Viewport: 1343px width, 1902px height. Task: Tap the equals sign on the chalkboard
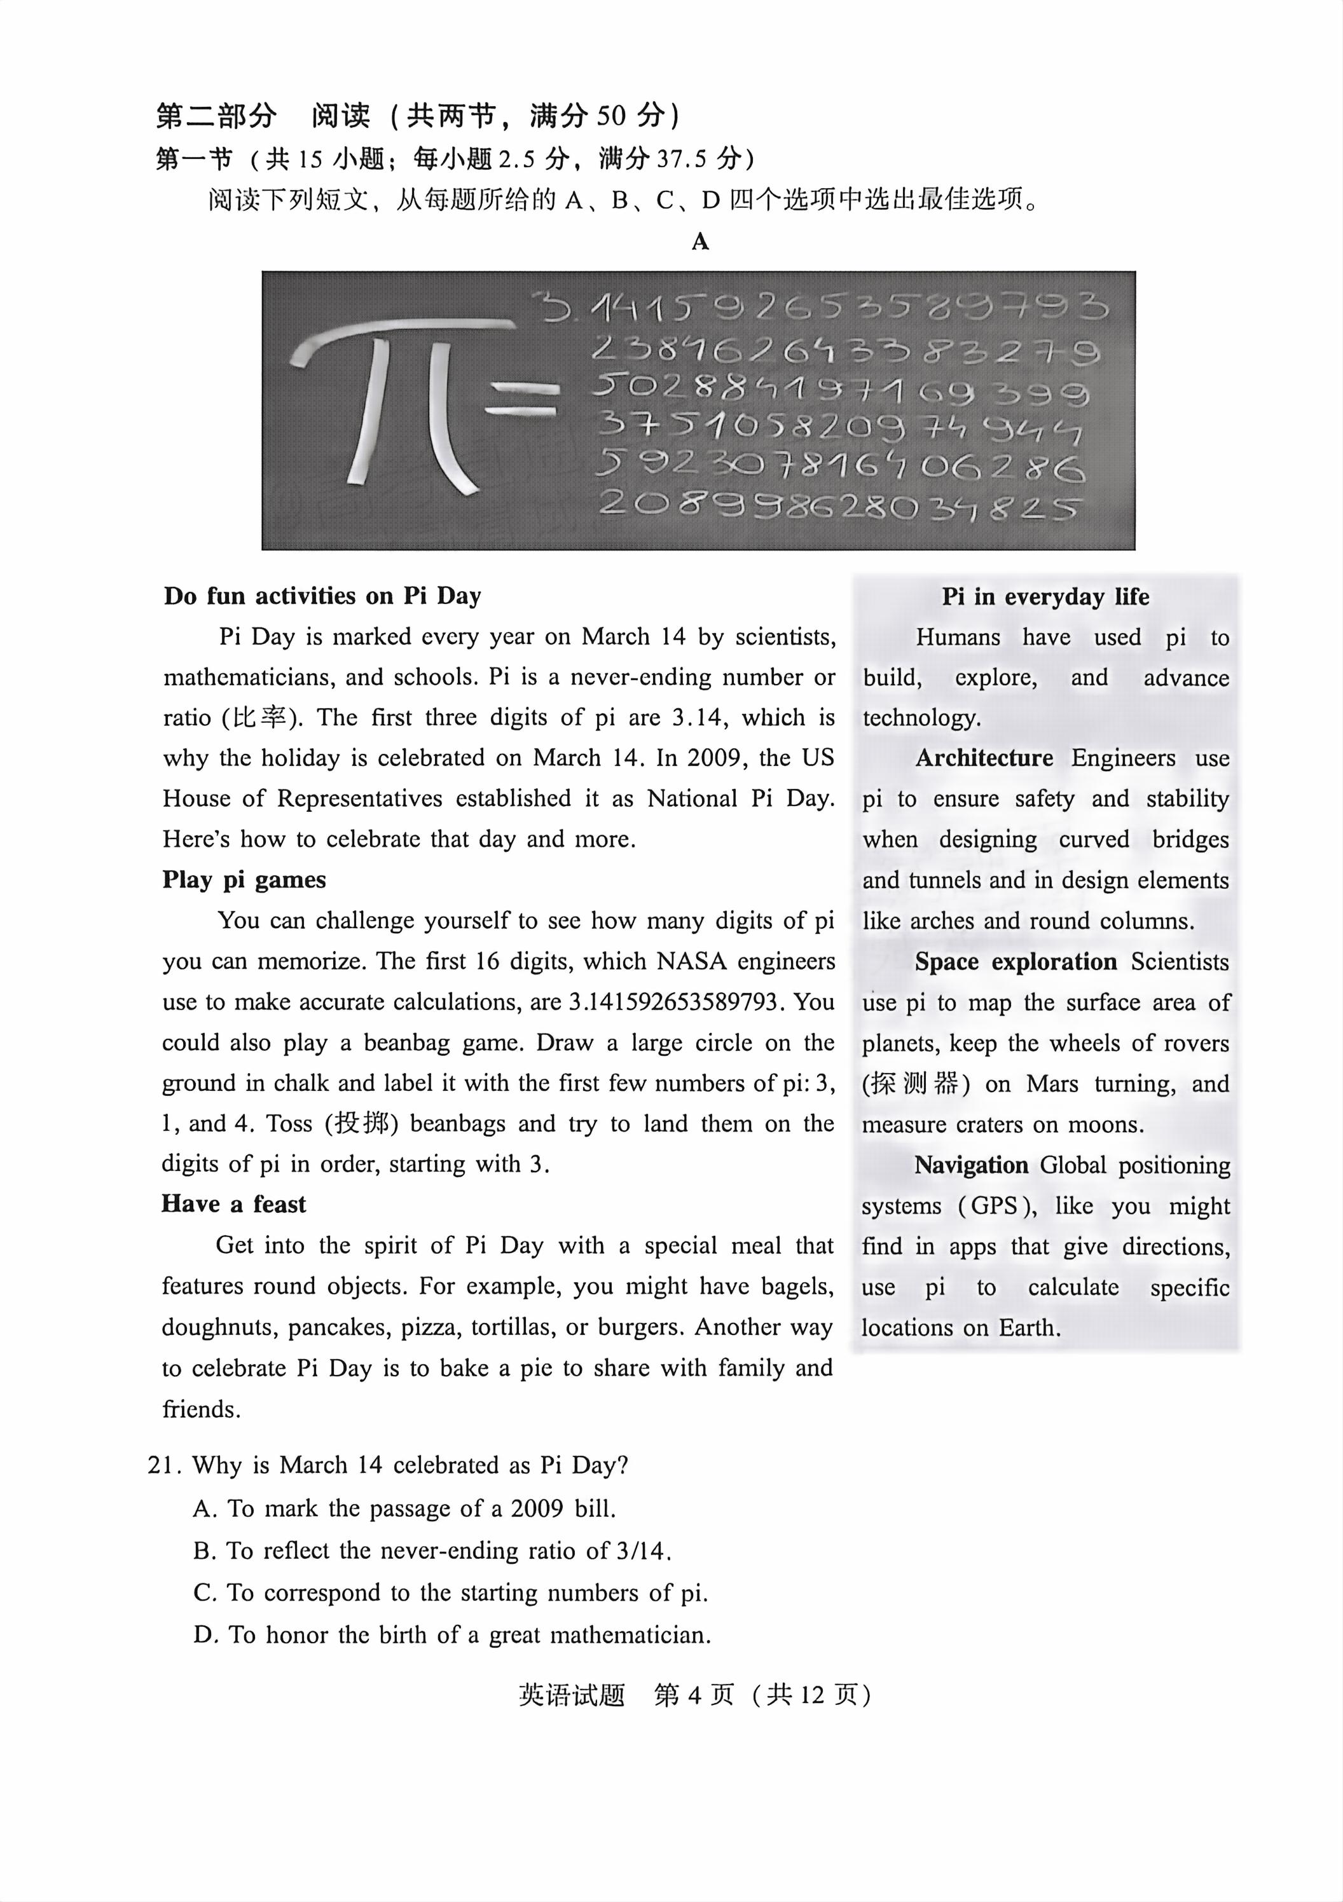point(520,399)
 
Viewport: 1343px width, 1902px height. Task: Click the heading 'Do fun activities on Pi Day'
point(322,596)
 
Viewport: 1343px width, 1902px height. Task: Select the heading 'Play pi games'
point(244,880)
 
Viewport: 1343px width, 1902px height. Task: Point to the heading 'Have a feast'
point(233,1203)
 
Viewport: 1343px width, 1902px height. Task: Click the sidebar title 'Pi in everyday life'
point(1045,596)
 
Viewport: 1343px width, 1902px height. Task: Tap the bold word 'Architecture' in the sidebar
point(984,758)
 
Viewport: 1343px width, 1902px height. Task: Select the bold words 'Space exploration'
point(1016,962)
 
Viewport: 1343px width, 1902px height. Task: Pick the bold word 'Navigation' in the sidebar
point(971,1166)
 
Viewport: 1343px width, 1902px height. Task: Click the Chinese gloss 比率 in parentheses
point(259,718)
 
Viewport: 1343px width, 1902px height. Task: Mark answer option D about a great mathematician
point(452,1634)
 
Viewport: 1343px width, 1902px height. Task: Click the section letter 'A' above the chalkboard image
point(700,242)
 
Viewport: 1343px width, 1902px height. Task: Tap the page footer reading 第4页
point(694,1695)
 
